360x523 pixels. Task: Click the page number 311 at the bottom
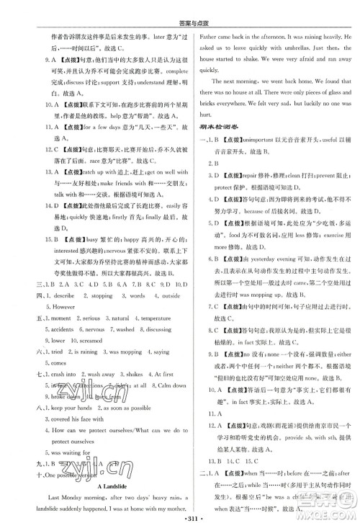(x=180, y=513)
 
